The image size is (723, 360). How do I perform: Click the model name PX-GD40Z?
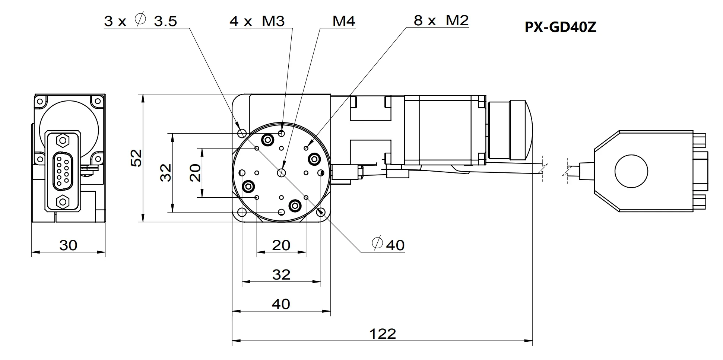[560, 27]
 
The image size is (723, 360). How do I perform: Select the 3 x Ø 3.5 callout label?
[140, 21]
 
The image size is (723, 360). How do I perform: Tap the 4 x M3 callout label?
[257, 21]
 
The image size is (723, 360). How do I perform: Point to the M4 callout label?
[343, 21]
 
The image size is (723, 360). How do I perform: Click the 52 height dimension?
[137, 157]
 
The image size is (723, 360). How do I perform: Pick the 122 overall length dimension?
[383, 334]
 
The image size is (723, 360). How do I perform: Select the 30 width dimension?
[69, 245]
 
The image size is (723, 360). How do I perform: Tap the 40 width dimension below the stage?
[281, 304]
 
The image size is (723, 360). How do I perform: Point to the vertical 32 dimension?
[166, 172]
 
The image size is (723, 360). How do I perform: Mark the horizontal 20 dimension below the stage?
[281, 245]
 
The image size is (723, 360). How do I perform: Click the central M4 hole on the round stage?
[281, 172]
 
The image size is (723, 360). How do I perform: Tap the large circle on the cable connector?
[631, 172]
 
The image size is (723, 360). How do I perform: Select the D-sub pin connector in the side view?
[63, 172]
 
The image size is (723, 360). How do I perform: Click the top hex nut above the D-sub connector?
[62, 141]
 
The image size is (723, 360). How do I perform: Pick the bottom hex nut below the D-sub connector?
[62, 202]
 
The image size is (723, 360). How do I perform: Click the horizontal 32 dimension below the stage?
[281, 275]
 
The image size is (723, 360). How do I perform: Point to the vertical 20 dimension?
[195, 172]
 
